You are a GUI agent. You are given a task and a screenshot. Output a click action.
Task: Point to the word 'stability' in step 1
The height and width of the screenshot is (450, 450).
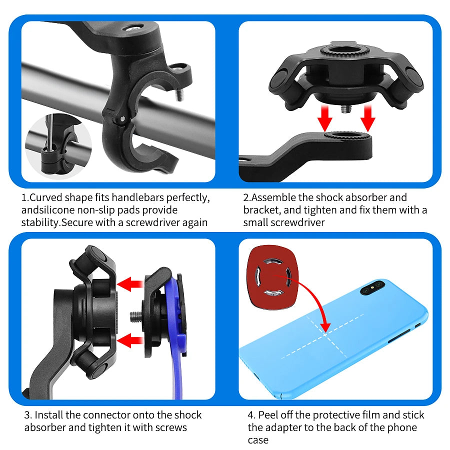(40, 222)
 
